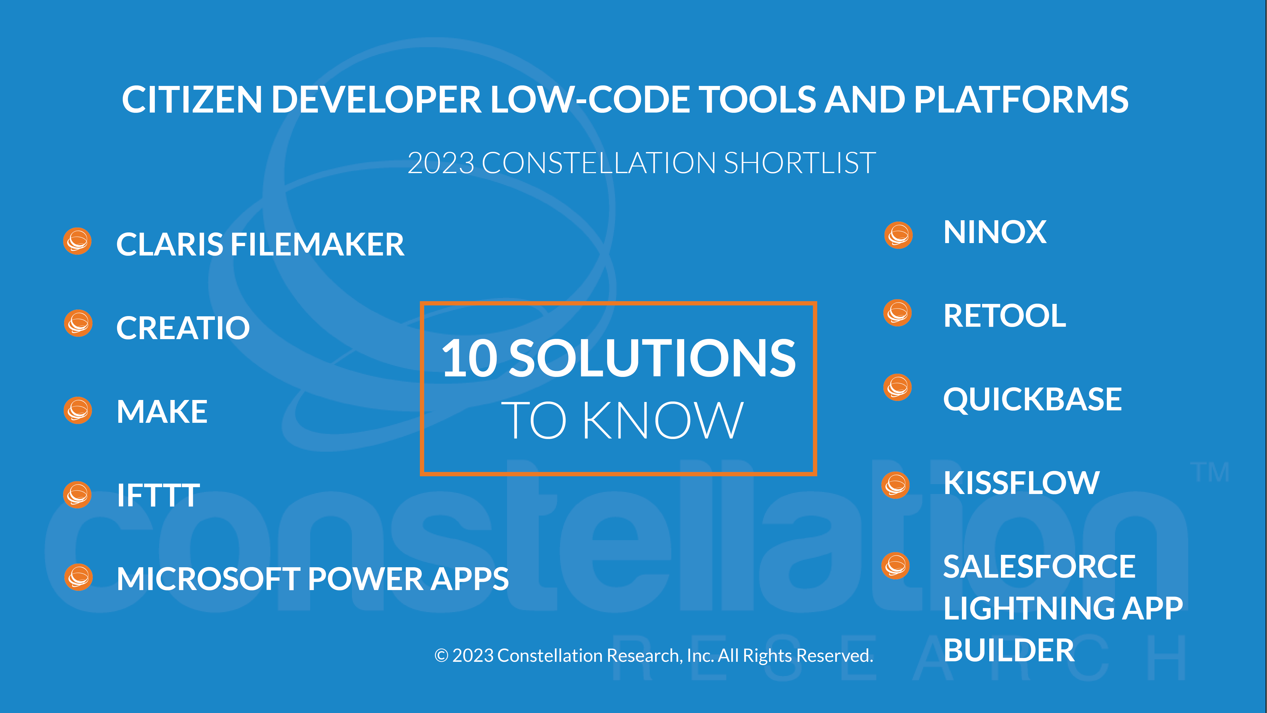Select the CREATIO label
pyautogui.click(x=183, y=328)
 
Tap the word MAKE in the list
pyautogui.click(x=162, y=411)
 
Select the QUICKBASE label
pyautogui.click(x=1032, y=399)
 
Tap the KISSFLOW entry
pyautogui.click(x=1021, y=483)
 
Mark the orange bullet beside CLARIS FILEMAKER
pyautogui.click(x=77, y=241)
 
